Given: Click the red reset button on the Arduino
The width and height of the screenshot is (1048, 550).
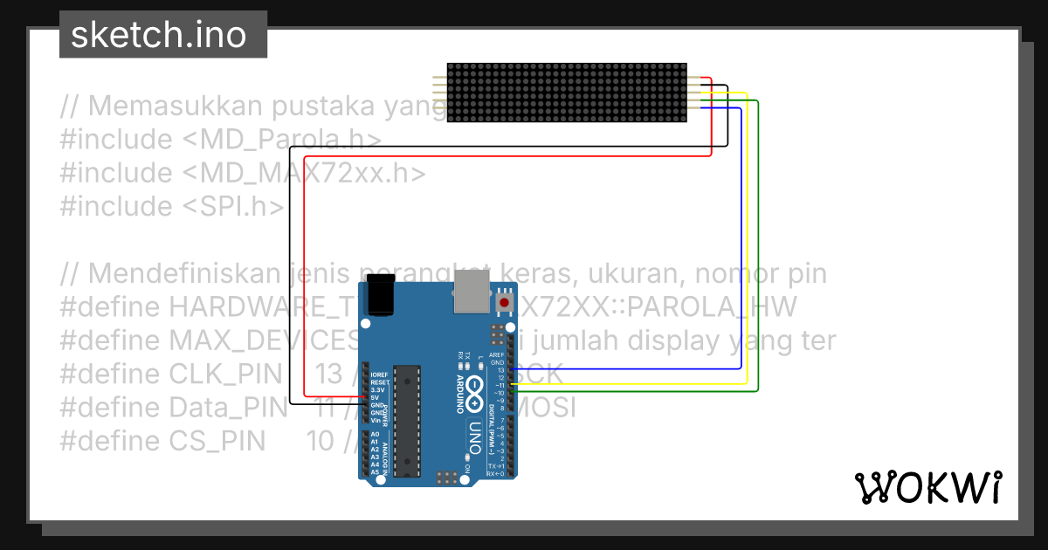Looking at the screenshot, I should (x=503, y=302).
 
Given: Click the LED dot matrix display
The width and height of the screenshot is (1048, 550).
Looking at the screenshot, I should (x=567, y=92).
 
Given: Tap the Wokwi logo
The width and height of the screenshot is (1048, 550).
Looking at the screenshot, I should (x=927, y=487).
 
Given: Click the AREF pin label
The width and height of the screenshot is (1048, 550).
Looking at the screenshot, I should (x=497, y=355).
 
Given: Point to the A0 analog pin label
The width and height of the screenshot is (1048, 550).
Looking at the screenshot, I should (x=375, y=434).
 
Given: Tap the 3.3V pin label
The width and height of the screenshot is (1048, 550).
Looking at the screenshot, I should (x=378, y=390).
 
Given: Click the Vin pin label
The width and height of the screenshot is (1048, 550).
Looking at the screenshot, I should (x=375, y=420).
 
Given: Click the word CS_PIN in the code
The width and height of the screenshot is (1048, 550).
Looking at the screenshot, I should (x=217, y=441).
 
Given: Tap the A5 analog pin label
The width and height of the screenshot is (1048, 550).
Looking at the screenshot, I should (x=375, y=471).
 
